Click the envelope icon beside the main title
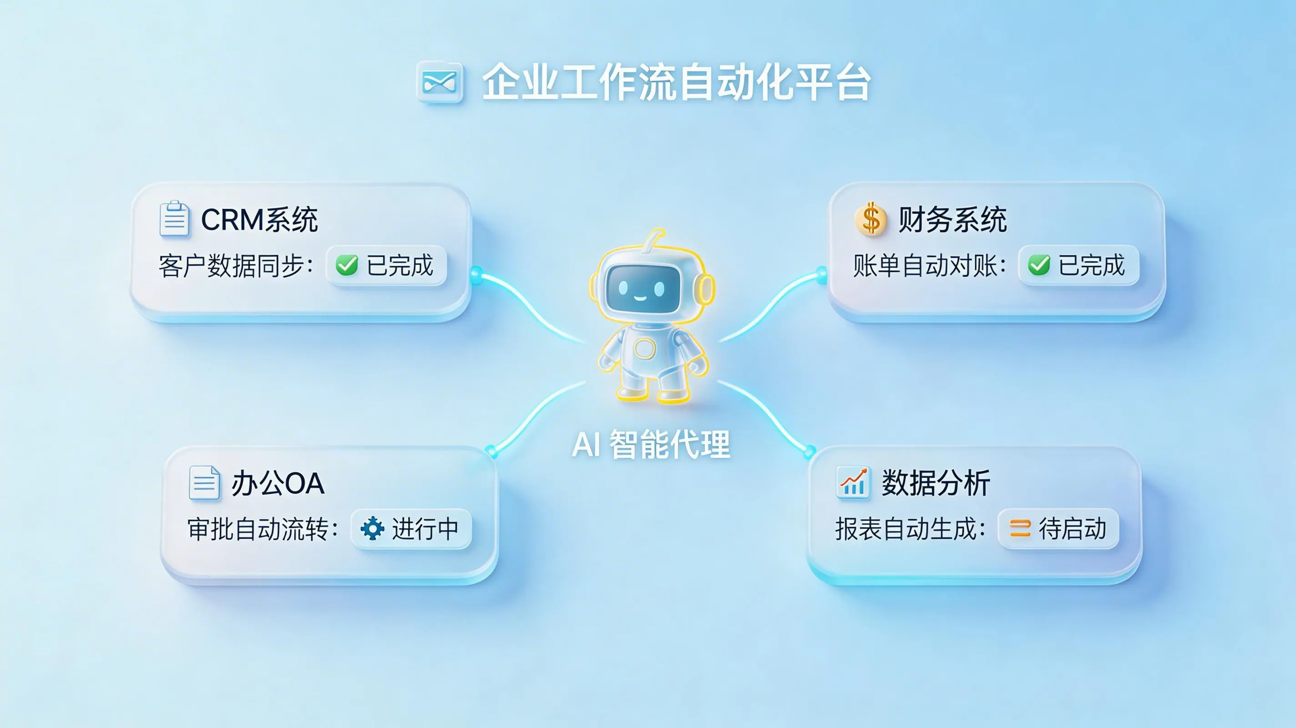click(x=439, y=81)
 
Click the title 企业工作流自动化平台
click(x=676, y=82)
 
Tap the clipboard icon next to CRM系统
click(x=174, y=219)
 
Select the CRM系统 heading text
click(x=259, y=220)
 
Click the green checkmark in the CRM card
click(x=347, y=265)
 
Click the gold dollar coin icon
click(x=871, y=219)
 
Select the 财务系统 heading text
click(x=952, y=220)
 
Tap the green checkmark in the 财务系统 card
click(x=1039, y=265)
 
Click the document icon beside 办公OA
click(x=204, y=483)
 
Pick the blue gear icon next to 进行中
click(x=373, y=528)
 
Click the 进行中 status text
click(x=425, y=529)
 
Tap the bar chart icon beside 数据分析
click(x=853, y=482)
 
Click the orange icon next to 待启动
click(x=1020, y=528)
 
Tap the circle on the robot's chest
click(x=644, y=348)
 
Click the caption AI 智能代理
click(x=651, y=445)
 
